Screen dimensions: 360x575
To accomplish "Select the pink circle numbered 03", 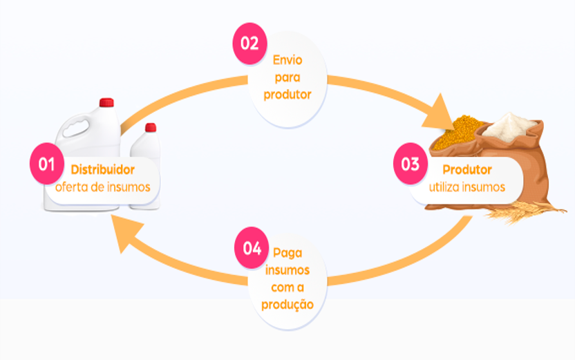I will (x=411, y=164).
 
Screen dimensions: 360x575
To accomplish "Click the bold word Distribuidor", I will (x=103, y=169).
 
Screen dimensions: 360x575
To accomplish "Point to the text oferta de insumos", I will (x=102, y=187).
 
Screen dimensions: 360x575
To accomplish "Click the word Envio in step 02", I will (x=287, y=60).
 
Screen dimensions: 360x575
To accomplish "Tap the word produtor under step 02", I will (x=287, y=95).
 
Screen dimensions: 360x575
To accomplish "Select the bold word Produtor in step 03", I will (x=467, y=169).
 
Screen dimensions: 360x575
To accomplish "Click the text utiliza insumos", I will (x=467, y=187).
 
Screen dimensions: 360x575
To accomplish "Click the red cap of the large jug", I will (x=106, y=103).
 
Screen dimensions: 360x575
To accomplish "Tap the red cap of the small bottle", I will (x=150, y=128).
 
